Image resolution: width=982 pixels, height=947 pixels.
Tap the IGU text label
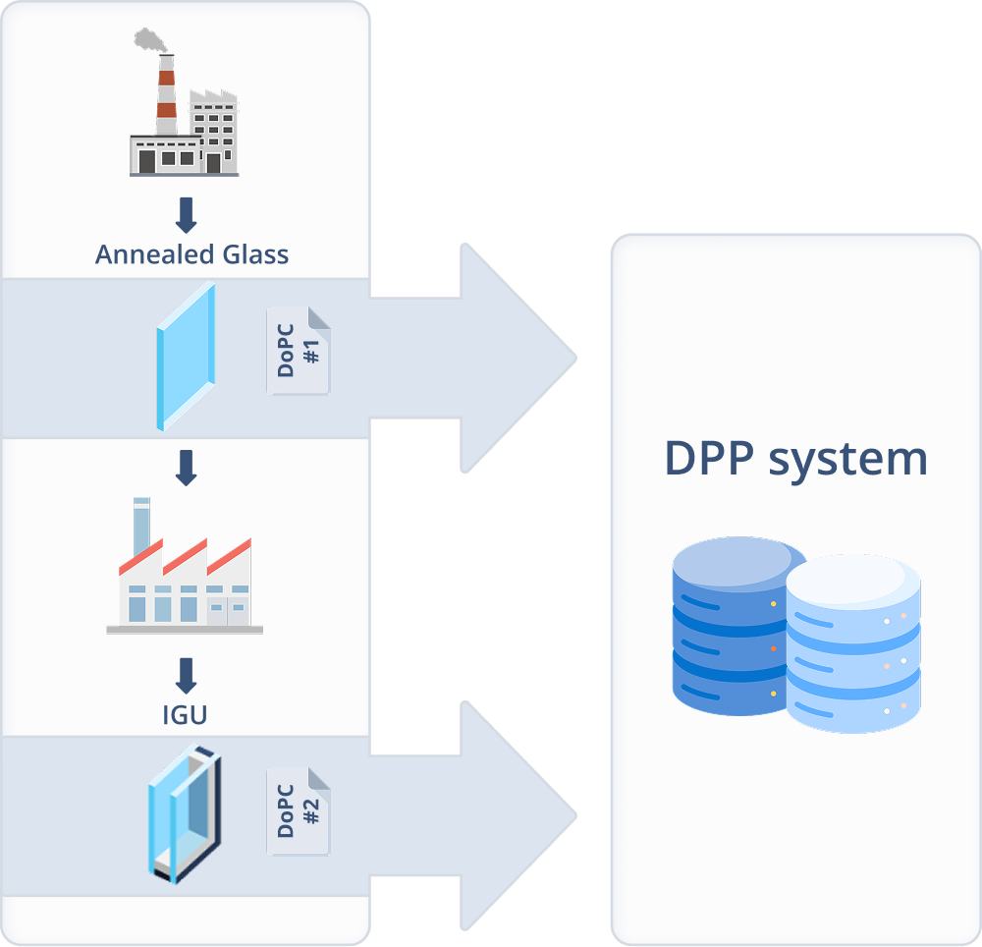click(185, 714)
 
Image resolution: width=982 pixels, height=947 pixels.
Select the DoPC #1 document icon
click(299, 351)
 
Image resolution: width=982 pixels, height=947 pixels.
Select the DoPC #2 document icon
click(299, 810)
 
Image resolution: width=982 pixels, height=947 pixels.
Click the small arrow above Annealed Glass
click(186, 214)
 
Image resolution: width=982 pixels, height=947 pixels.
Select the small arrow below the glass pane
click(186, 468)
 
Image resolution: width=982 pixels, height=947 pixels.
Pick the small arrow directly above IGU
click(186, 675)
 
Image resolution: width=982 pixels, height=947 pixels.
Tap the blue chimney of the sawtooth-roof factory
click(141, 528)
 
